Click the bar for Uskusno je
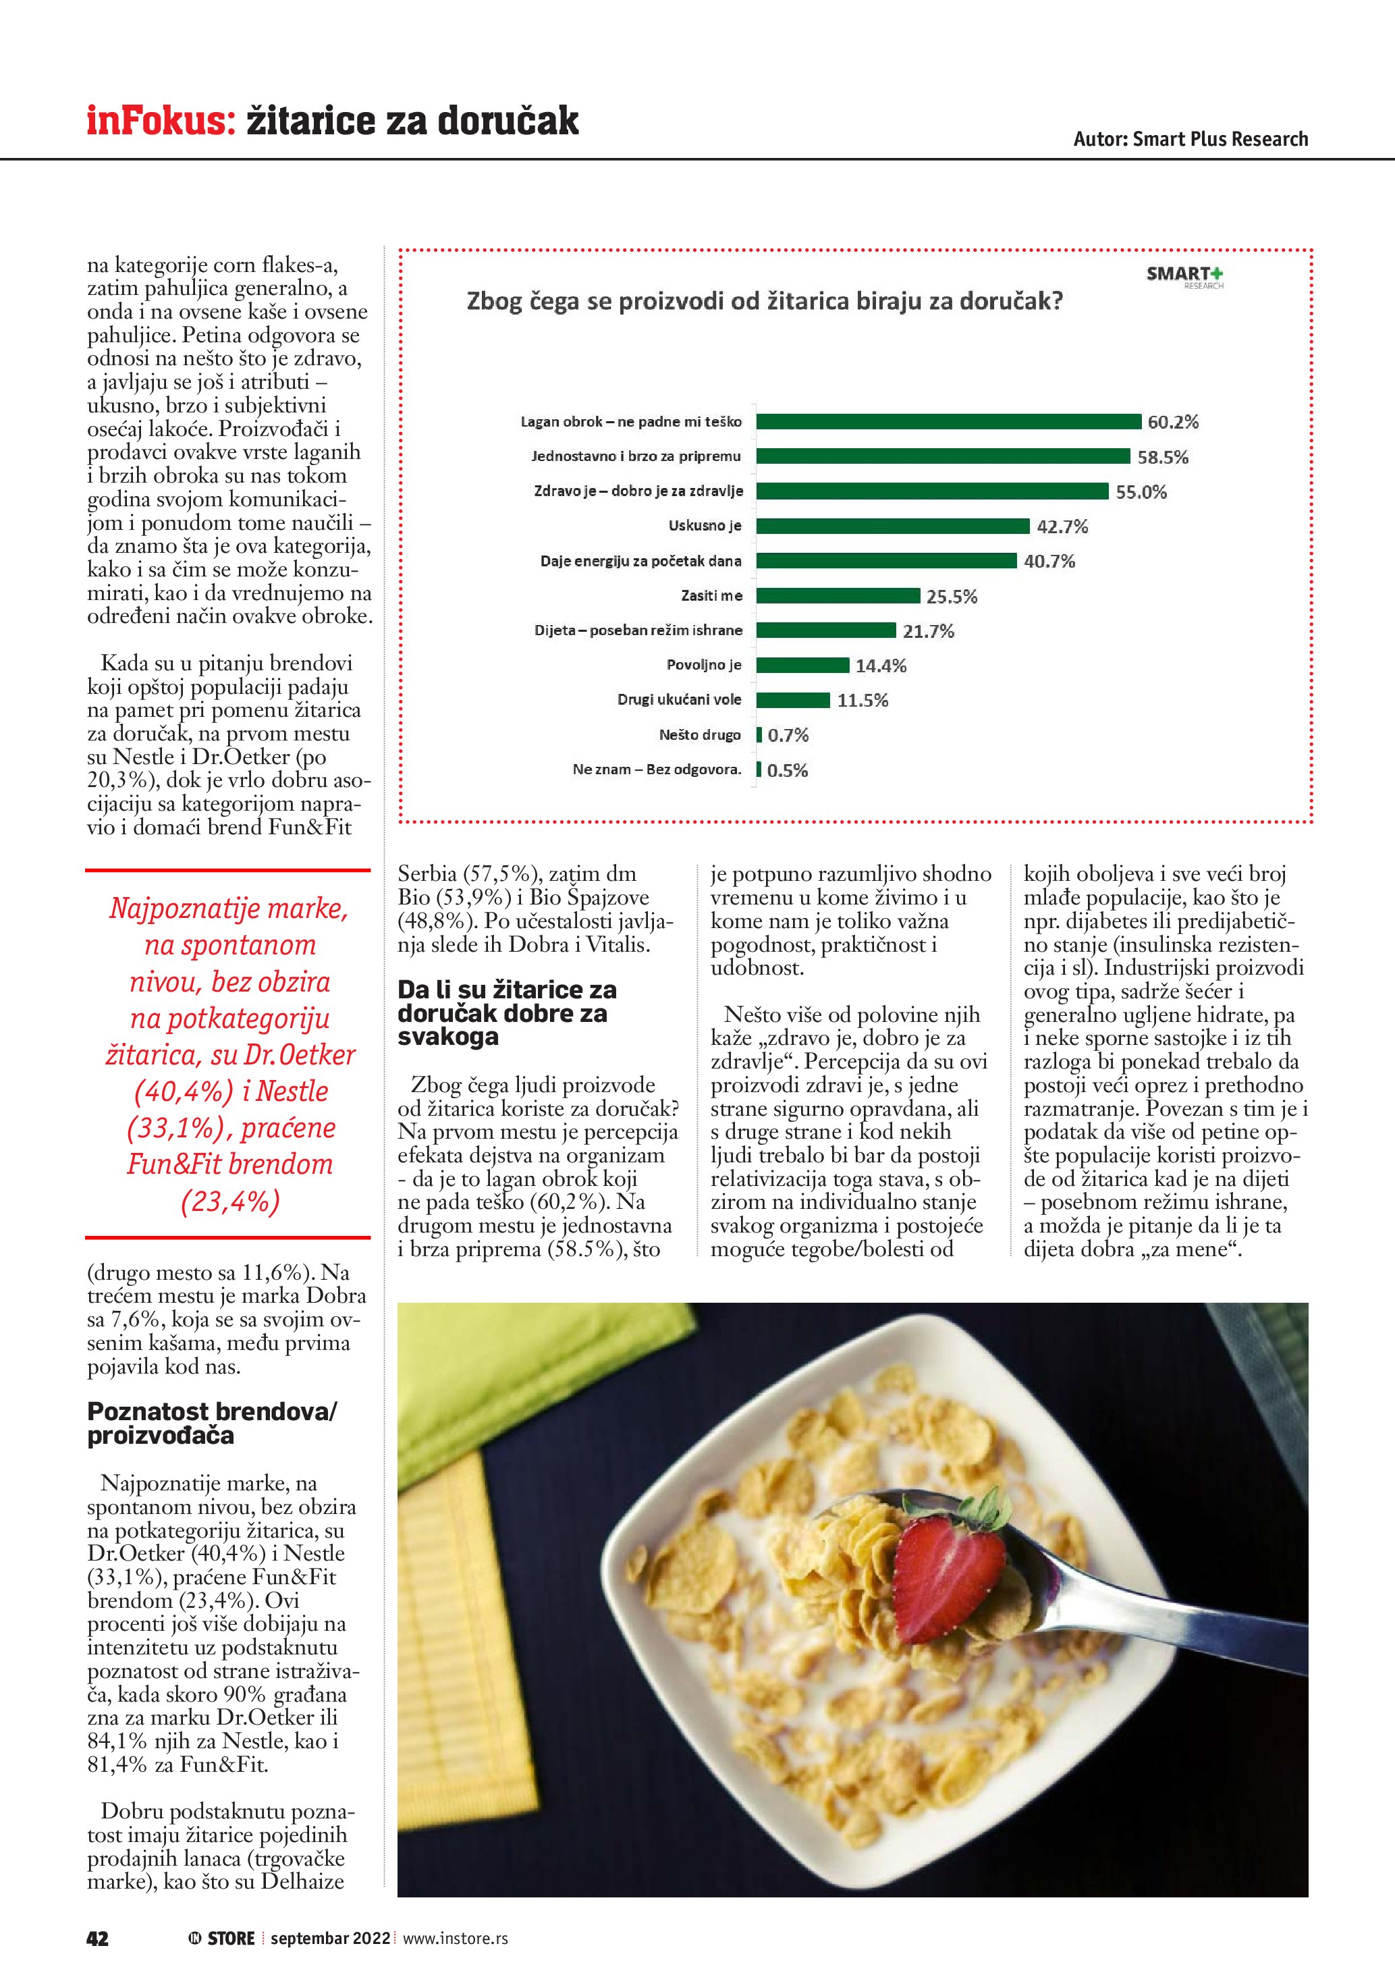tap(892, 526)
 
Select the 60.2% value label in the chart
tap(1172, 422)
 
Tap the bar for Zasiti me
tap(838, 595)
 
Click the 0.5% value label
tap(787, 770)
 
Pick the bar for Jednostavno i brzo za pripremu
tap(942, 456)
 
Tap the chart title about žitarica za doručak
tap(764, 302)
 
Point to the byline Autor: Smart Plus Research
tap(1190, 139)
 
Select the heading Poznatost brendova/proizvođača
tap(212, 1423)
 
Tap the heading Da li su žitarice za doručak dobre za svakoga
tap(507, 1013)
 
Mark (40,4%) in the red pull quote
tap(184, 1091)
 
